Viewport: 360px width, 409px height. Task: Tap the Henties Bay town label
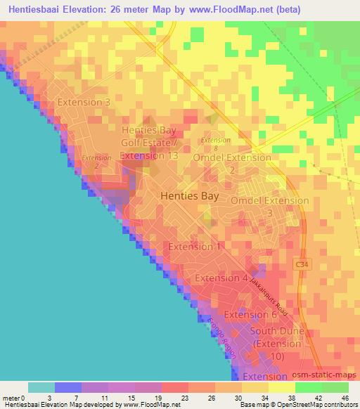[x=189, y=197]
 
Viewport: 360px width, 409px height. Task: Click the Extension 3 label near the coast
[x=84, y=102]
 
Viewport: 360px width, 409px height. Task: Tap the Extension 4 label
[x=221, y=278]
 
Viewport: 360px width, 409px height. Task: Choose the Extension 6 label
[x=251, y=314]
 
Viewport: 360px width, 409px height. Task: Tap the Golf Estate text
[x=150, y=143]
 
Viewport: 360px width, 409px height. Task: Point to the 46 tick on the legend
[x=345, y=398]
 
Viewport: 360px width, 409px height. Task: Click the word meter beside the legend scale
[x=12, y=398]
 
